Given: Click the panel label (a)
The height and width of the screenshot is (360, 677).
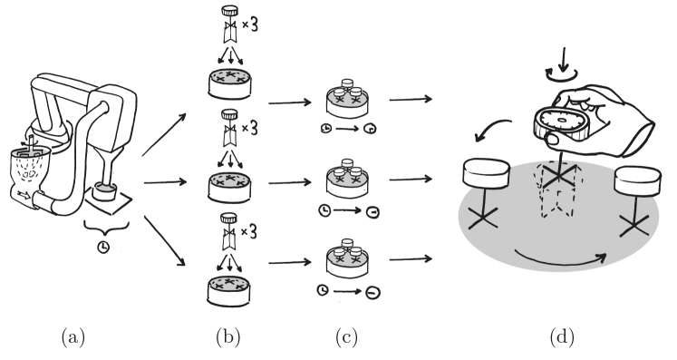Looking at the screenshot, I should point(73,337).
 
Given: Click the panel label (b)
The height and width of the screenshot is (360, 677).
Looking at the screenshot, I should point(228,337).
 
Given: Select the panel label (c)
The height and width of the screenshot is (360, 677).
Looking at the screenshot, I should point(346,337).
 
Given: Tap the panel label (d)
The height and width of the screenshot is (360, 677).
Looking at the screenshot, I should point(562,337).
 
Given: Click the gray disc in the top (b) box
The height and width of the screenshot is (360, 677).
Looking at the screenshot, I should point(230,84).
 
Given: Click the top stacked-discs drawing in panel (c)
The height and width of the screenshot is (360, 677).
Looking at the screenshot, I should point(347,99).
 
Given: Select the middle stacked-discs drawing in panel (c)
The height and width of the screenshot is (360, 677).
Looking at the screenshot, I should point(347,177).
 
